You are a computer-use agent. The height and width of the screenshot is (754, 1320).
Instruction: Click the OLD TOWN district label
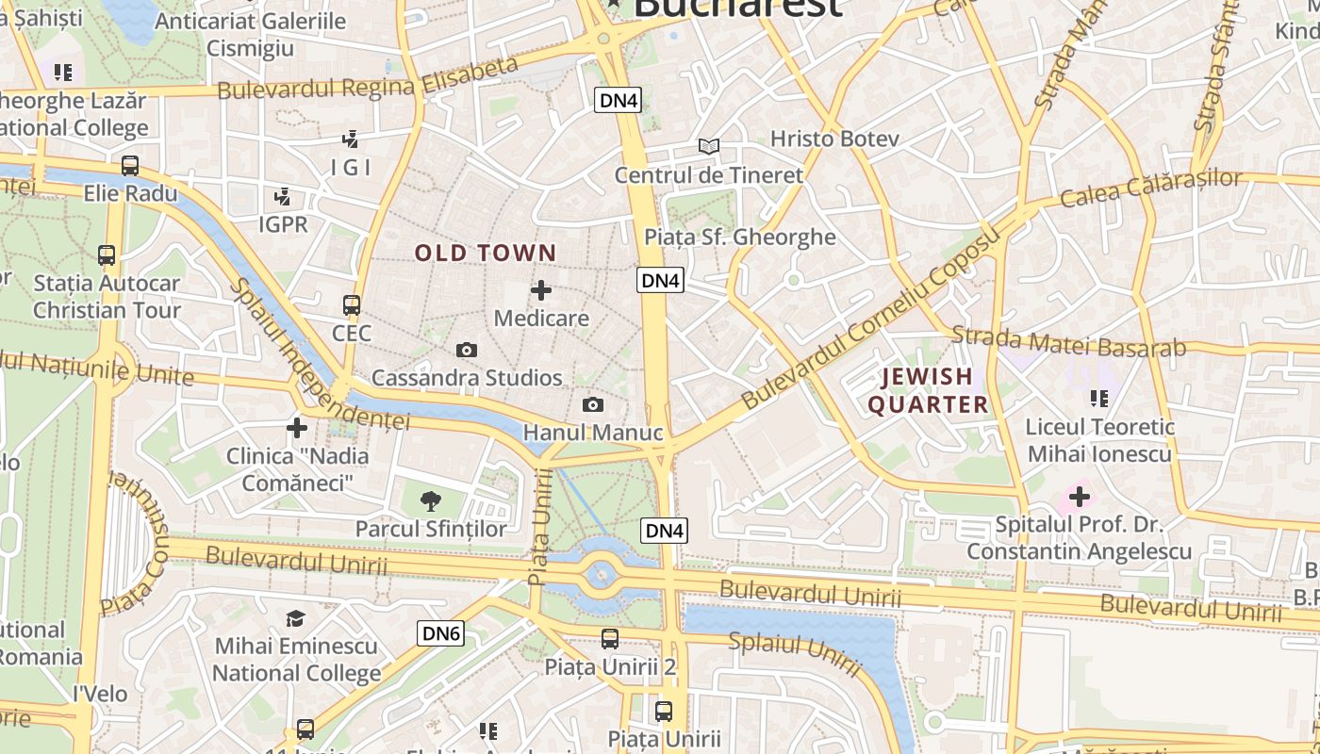[486, 253]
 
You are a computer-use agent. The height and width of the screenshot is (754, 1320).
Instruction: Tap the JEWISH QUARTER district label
[928, 391]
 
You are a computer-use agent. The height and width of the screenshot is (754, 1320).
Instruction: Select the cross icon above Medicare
[541, 290]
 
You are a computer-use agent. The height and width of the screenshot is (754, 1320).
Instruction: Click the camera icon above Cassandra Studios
[467, 351]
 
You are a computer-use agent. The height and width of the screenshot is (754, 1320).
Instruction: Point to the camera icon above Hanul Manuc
[593, 405]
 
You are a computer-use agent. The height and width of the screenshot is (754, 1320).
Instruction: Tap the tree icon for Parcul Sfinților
[431, 500]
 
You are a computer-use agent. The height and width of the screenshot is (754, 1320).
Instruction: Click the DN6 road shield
[441, 633]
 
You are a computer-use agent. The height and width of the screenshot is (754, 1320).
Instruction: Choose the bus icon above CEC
[352, 305]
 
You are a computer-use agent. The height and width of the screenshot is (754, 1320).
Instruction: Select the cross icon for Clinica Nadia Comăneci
[297, 428]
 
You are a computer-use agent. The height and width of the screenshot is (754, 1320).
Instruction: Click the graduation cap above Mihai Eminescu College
[296, 618]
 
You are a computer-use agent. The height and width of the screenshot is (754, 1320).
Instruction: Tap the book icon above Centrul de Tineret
[709, 146]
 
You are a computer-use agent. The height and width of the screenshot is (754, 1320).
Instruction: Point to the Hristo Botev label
[834, 139]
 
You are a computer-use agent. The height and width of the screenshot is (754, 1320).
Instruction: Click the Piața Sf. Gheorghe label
[740, 237]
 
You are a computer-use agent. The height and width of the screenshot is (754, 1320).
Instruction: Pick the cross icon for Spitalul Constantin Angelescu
[1080, 496]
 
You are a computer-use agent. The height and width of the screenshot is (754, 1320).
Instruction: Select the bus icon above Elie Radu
[130, 166]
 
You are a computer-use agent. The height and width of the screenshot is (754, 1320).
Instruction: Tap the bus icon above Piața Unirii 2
[610, 639]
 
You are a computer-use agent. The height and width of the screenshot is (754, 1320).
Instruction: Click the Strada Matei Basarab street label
[1068, 342]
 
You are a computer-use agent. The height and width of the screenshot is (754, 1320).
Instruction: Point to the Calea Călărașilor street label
[1151, 188]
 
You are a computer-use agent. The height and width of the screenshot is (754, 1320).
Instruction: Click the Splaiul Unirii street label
[795, 653]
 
